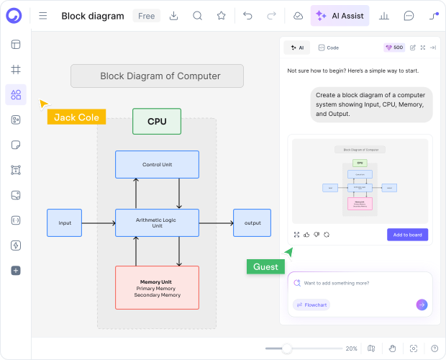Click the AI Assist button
[340, 16]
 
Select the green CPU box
[157, 122]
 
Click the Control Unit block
[157, 165]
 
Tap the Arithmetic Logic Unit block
[157, 222]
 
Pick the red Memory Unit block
[157, 288]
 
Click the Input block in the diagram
[65, 223]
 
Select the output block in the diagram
[252, 223]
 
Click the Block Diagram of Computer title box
[157, 76]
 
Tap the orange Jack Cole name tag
[76, 117]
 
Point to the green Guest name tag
[265, 267]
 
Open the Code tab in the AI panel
[329, 48]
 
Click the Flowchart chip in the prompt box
[311, 305]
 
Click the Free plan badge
[146, 16]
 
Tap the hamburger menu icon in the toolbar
[43, 16]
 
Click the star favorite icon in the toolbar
[222, 16]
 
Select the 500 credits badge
[394, 48]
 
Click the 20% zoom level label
[351, 348]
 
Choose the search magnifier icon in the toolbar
[198, 16]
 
